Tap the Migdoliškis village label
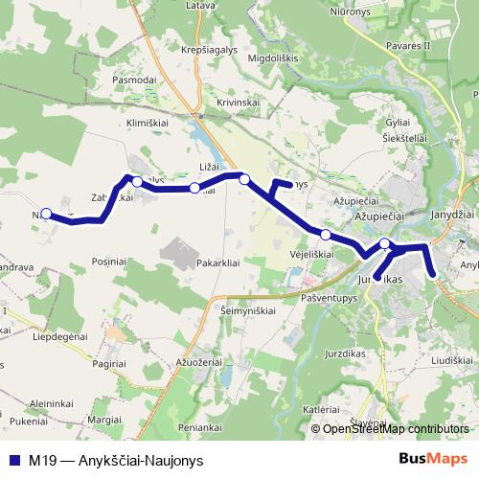pos(273,57)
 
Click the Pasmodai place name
pos(134,80)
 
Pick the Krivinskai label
pos(239,102)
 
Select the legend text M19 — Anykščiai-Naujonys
pos(115,459)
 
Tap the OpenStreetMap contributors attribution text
pos(397,429)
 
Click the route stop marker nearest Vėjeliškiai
pos(326,235)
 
